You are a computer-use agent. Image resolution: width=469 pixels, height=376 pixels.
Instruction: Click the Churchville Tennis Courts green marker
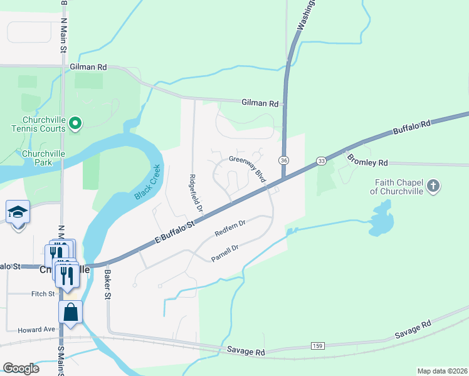75,123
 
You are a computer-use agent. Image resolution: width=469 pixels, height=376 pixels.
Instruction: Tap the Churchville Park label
43,157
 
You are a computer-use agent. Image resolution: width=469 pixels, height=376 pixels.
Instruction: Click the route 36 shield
284,160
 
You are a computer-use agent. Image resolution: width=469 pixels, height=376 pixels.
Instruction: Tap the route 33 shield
321,160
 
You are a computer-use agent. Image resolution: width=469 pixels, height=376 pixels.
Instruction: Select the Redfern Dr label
229,229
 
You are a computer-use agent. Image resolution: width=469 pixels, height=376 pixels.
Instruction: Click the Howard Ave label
37,330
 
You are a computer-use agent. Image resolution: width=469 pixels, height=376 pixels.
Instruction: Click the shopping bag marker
71,312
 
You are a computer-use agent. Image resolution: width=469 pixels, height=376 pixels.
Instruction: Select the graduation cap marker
18,213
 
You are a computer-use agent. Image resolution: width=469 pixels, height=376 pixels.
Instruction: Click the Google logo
21,368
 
